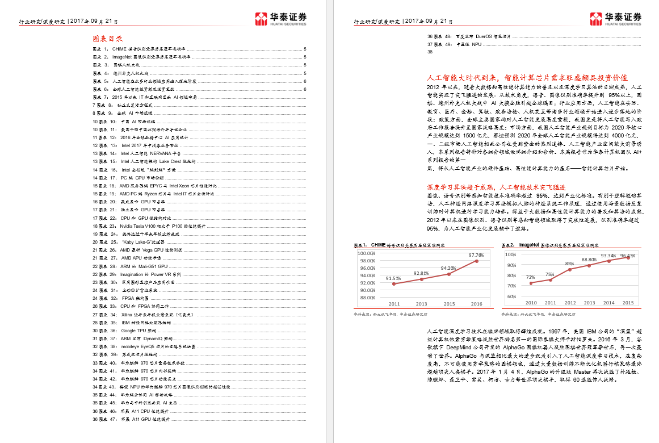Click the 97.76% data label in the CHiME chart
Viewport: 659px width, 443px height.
coord(476,255)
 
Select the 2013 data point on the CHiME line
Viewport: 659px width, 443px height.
coord(421,279)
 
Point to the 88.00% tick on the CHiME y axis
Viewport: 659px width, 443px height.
coord(366,297)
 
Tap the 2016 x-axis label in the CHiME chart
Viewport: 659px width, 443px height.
coord(476,304)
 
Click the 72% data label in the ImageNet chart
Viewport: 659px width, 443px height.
coord(530,277)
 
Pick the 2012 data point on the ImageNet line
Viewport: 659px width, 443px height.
coord(570,269)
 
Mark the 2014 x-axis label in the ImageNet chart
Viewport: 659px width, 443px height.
coord(608,303)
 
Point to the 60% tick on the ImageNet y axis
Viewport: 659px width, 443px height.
coord(511,296)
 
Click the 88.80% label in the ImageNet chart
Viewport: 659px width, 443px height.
coord(589,260)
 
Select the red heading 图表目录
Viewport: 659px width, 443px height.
coord(108,39)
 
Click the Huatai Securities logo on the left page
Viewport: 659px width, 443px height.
coord(281,19)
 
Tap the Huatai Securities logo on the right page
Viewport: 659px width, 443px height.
coord(616,19)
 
